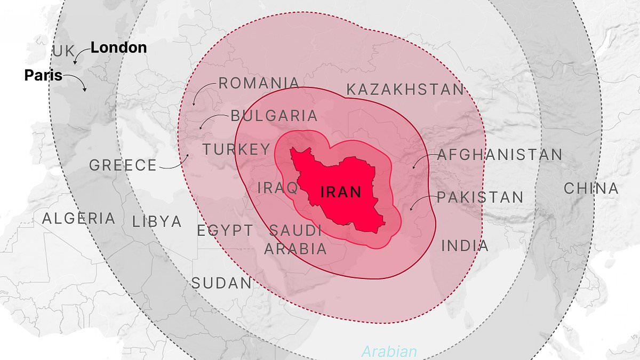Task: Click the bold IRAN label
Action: [341, 192]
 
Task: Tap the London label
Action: [118, 47]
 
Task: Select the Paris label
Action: [43, 75]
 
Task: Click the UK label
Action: [64, 52]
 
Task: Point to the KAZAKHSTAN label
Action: [405, 89]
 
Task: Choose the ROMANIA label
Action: [259, 83]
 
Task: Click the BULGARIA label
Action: [274, 116]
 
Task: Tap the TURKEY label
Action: [236, 149]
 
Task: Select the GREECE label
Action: [123, 165]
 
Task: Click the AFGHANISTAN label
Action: [500, 155]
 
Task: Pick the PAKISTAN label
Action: [480, 197]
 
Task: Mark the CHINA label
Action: [591, 188]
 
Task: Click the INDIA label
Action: [465, 246]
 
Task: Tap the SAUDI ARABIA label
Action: [295, 239]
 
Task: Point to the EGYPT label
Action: [225, 231]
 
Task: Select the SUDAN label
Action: [221, 283]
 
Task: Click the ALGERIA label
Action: [78, 218]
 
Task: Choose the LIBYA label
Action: [157, 221]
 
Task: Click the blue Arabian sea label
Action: [389, 352]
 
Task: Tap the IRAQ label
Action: [278, 188]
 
